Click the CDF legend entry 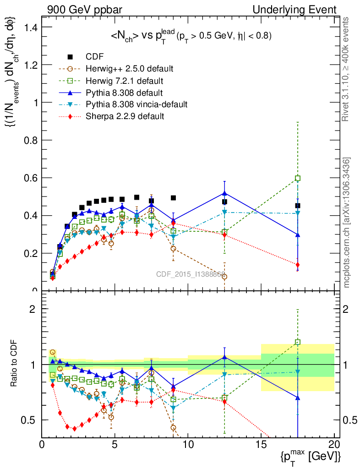point(94,57)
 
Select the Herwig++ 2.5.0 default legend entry point(129,69)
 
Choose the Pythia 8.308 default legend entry point(125,93)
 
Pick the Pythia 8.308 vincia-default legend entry point(136,104)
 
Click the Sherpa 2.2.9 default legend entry point(125,116)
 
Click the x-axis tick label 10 point(188,444)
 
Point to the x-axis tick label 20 point(334,444)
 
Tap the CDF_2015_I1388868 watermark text point(190,275)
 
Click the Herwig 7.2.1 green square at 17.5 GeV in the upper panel point(298,178)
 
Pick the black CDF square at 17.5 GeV point(298,206)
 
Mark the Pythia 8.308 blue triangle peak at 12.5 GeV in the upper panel point(224,193)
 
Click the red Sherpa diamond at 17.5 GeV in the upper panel point(298,265)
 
